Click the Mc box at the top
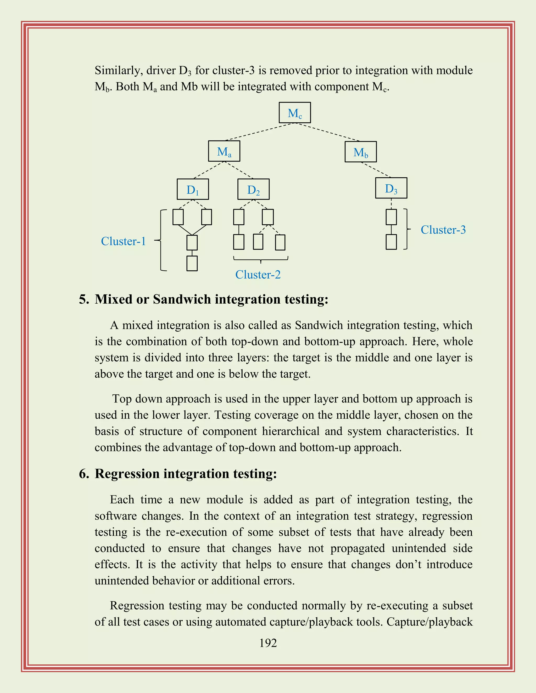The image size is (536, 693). click(295, 113)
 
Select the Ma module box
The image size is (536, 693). click(224, 151)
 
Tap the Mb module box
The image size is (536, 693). click(361, 152)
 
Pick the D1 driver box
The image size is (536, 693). click(193, 189)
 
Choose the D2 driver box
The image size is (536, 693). click(253, 189)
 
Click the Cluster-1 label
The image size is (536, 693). click(123, 241)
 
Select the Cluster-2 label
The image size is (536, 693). click(258, 275)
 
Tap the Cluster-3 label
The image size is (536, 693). click(443, 230)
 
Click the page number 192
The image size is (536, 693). click(268, 643)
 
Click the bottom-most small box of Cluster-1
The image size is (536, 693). click(192, 263)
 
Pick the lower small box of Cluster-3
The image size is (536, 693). click(391, 242)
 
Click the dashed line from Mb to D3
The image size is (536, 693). click(377, 170)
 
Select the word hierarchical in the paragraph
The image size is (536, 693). click(291, 431)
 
